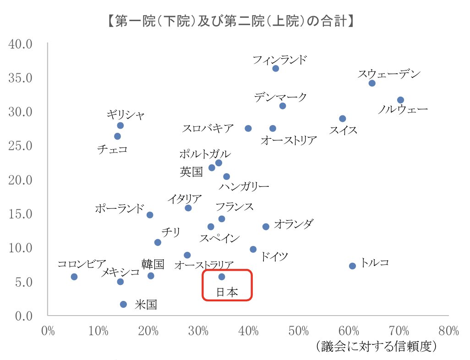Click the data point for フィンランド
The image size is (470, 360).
click(275, 68)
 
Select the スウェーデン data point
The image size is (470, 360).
click(372, 83)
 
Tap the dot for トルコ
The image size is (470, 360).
click(352, 266)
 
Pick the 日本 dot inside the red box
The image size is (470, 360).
click(222, 277)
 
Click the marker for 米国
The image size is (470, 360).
click(123, 304)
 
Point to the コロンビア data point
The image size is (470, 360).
click(74, 277)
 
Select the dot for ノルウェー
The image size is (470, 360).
click(400, 100)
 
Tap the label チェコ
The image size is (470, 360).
click(112, 149)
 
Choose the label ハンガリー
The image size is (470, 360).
click(244, 187)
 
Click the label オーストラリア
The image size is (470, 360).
click(204, 265)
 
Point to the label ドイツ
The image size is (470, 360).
click(274, 256)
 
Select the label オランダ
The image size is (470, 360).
click(294, 224)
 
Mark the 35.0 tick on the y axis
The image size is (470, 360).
click(21, 78)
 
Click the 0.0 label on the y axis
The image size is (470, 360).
click(21, 316)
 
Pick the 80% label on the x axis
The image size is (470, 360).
click(448, 331)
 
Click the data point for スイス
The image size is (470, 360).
click(342, 119)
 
